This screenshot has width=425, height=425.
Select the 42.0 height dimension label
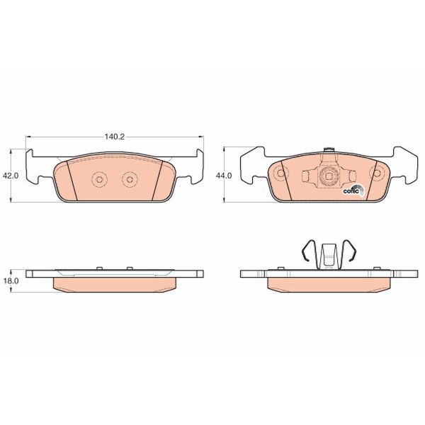pyautogui.click(x=8, y=176)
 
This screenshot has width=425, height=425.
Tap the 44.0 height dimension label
pyautogui.click(x=224, y=176)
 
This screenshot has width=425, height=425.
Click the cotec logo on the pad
pyautogui.click(x=353, y=189)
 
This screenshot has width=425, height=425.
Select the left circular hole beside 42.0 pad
pyautogui.click(x=99, y=180)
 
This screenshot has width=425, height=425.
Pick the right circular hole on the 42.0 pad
pyautogui.click(x=128, y=180)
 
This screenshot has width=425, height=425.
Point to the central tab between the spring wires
pyautogui.click(x=327, y=255)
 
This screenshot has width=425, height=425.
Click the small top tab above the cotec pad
pyautogui.click(x=328, y=151)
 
